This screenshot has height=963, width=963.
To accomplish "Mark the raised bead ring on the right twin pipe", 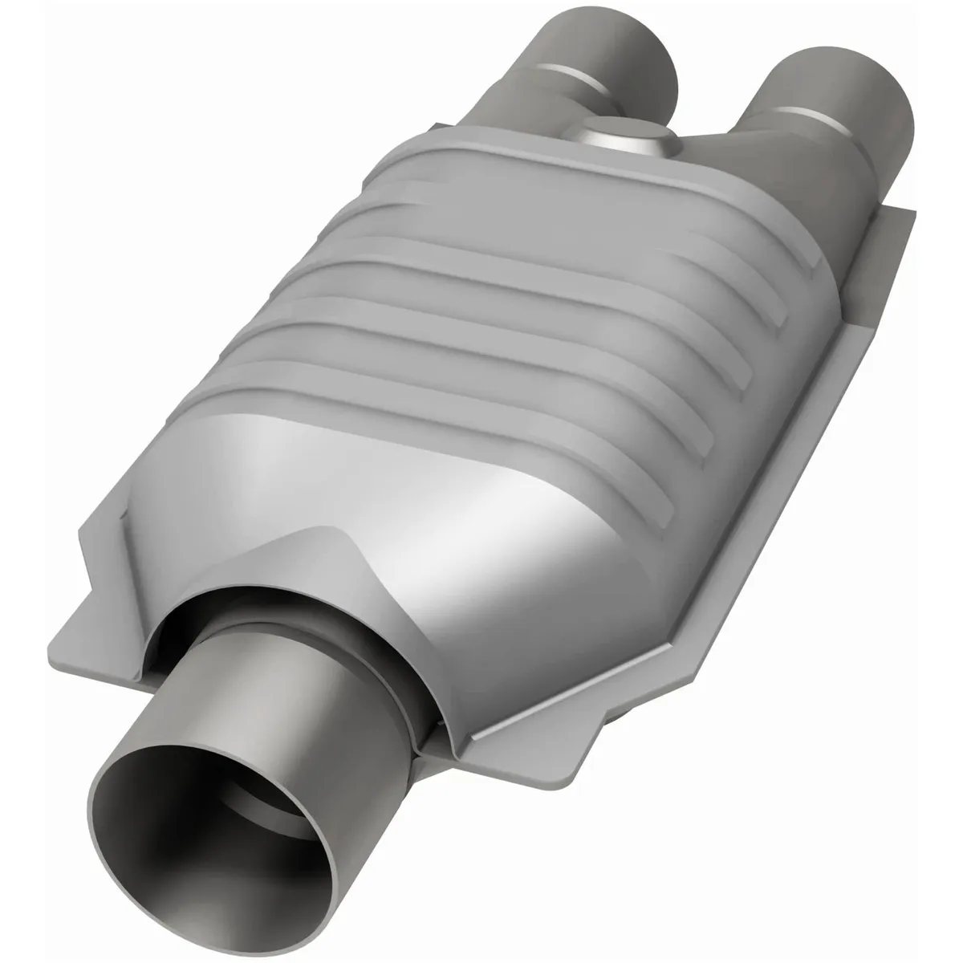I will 811,120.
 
